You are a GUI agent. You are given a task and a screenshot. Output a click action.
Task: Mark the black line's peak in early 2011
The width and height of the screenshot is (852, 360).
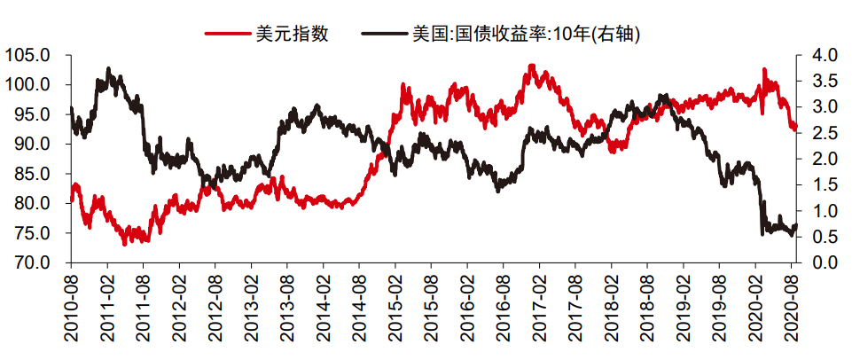108,68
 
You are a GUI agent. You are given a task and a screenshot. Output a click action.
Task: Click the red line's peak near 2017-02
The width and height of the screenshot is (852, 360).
532,66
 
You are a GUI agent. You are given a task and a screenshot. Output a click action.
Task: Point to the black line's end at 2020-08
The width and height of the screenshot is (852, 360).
796,225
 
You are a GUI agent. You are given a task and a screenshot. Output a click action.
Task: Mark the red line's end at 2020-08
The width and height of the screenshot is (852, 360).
796,129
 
